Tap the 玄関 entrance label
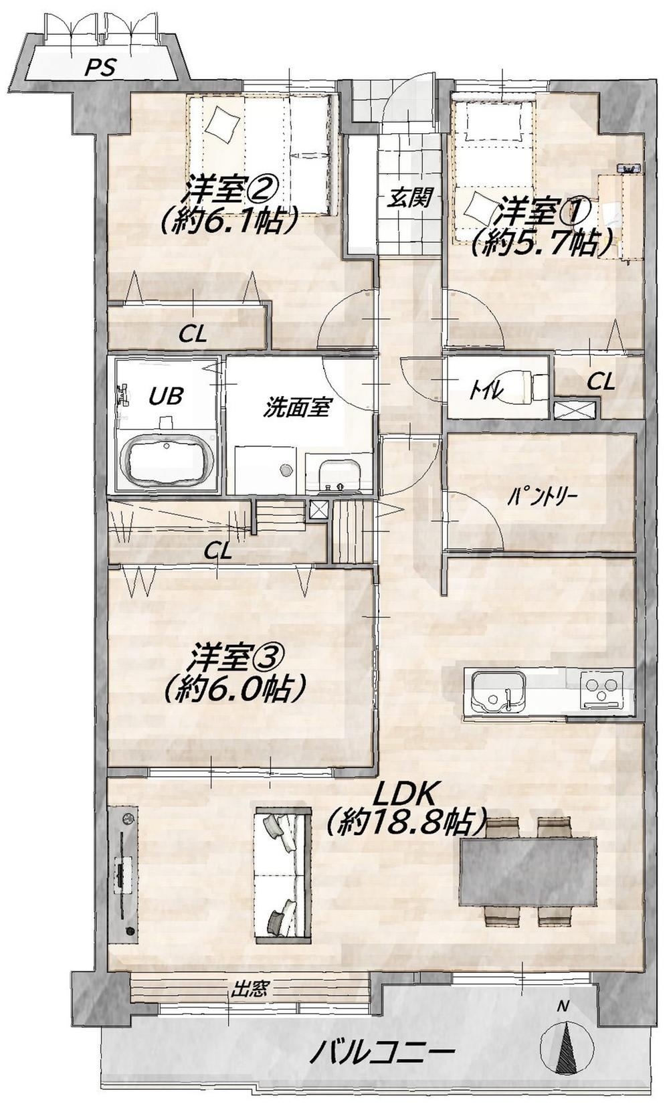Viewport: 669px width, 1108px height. (x=410, y=199)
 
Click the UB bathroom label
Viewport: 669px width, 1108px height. (x=167, y=395)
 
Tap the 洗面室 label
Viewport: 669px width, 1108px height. (x=296, y=407)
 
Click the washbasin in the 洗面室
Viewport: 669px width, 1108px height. (x=340, y=474)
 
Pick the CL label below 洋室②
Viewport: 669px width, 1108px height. (x=193, y=335)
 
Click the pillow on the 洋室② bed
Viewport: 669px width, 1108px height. (x=223, y=124)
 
